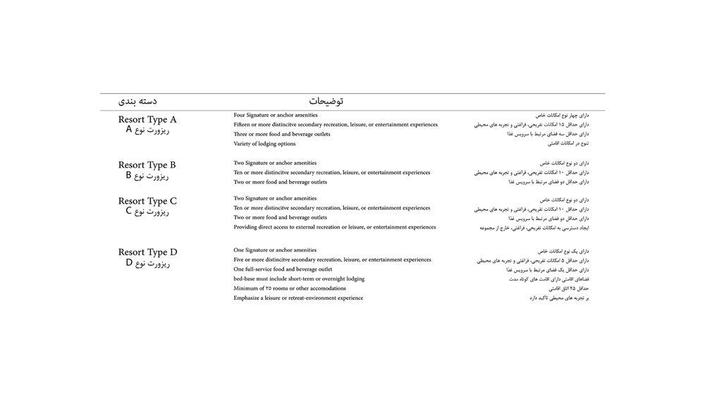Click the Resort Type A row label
147,120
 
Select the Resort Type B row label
147,165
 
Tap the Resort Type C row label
147,201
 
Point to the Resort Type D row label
147,252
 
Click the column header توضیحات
326,102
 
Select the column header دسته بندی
137,102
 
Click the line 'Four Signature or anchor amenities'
275,115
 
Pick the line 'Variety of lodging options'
264,144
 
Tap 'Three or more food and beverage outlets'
281,134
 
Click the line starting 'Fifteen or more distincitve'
335,125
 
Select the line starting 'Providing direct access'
334,227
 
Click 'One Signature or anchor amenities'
275,250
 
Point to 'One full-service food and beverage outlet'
283,269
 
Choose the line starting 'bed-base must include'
299,279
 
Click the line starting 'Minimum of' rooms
290,288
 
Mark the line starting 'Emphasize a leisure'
298,298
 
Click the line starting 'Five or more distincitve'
332,259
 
